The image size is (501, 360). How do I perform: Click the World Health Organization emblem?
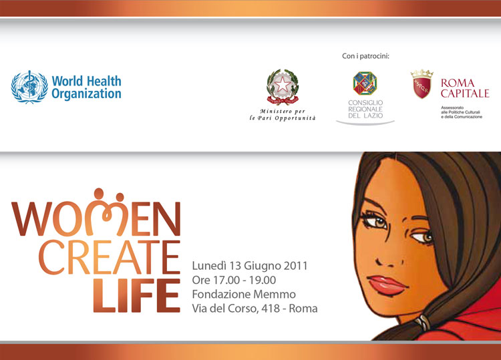point(29,87)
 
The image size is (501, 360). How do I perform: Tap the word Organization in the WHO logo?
point(86,94)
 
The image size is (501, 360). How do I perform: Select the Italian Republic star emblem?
point(283,87)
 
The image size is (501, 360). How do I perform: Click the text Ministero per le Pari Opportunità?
point(283,114)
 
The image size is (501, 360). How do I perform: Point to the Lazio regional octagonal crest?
point(365,83)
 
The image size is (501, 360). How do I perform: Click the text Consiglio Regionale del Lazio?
point(365,110)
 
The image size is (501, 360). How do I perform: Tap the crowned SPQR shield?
point(422,84)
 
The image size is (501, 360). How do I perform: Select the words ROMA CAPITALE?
point(465,88)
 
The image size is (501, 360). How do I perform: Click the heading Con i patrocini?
point(365,56)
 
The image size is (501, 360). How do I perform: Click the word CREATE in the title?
point(110,257)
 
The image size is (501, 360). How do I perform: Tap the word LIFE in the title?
point(137,295)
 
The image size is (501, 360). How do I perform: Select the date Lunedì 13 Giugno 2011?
point(250,266)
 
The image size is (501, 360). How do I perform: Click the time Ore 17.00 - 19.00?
point(234,280)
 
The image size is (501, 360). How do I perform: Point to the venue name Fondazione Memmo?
point(244,294)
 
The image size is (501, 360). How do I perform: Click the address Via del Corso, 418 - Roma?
point(255,309)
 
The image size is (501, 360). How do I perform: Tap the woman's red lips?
point(387,285)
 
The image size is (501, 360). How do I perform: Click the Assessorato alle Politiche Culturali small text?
point(462,112)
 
